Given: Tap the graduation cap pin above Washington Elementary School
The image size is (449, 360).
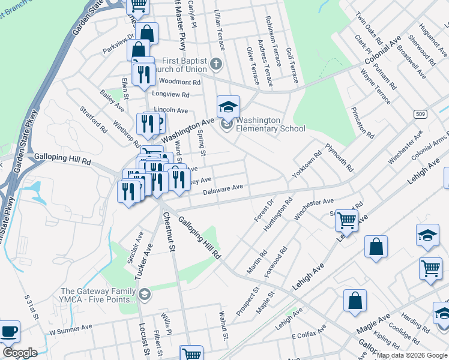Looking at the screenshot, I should tap(228, 107).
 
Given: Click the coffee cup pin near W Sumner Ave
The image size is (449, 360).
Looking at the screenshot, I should tap(8, 332).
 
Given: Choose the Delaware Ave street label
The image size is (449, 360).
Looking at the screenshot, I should tap(223, 188).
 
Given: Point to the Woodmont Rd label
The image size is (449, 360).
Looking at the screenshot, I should tap(179, 82).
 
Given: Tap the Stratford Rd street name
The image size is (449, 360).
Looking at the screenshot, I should tap(93, 119).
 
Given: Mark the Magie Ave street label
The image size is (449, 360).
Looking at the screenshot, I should tap(373, 323).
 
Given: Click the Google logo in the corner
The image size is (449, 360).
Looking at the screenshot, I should tap(20, 353).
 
